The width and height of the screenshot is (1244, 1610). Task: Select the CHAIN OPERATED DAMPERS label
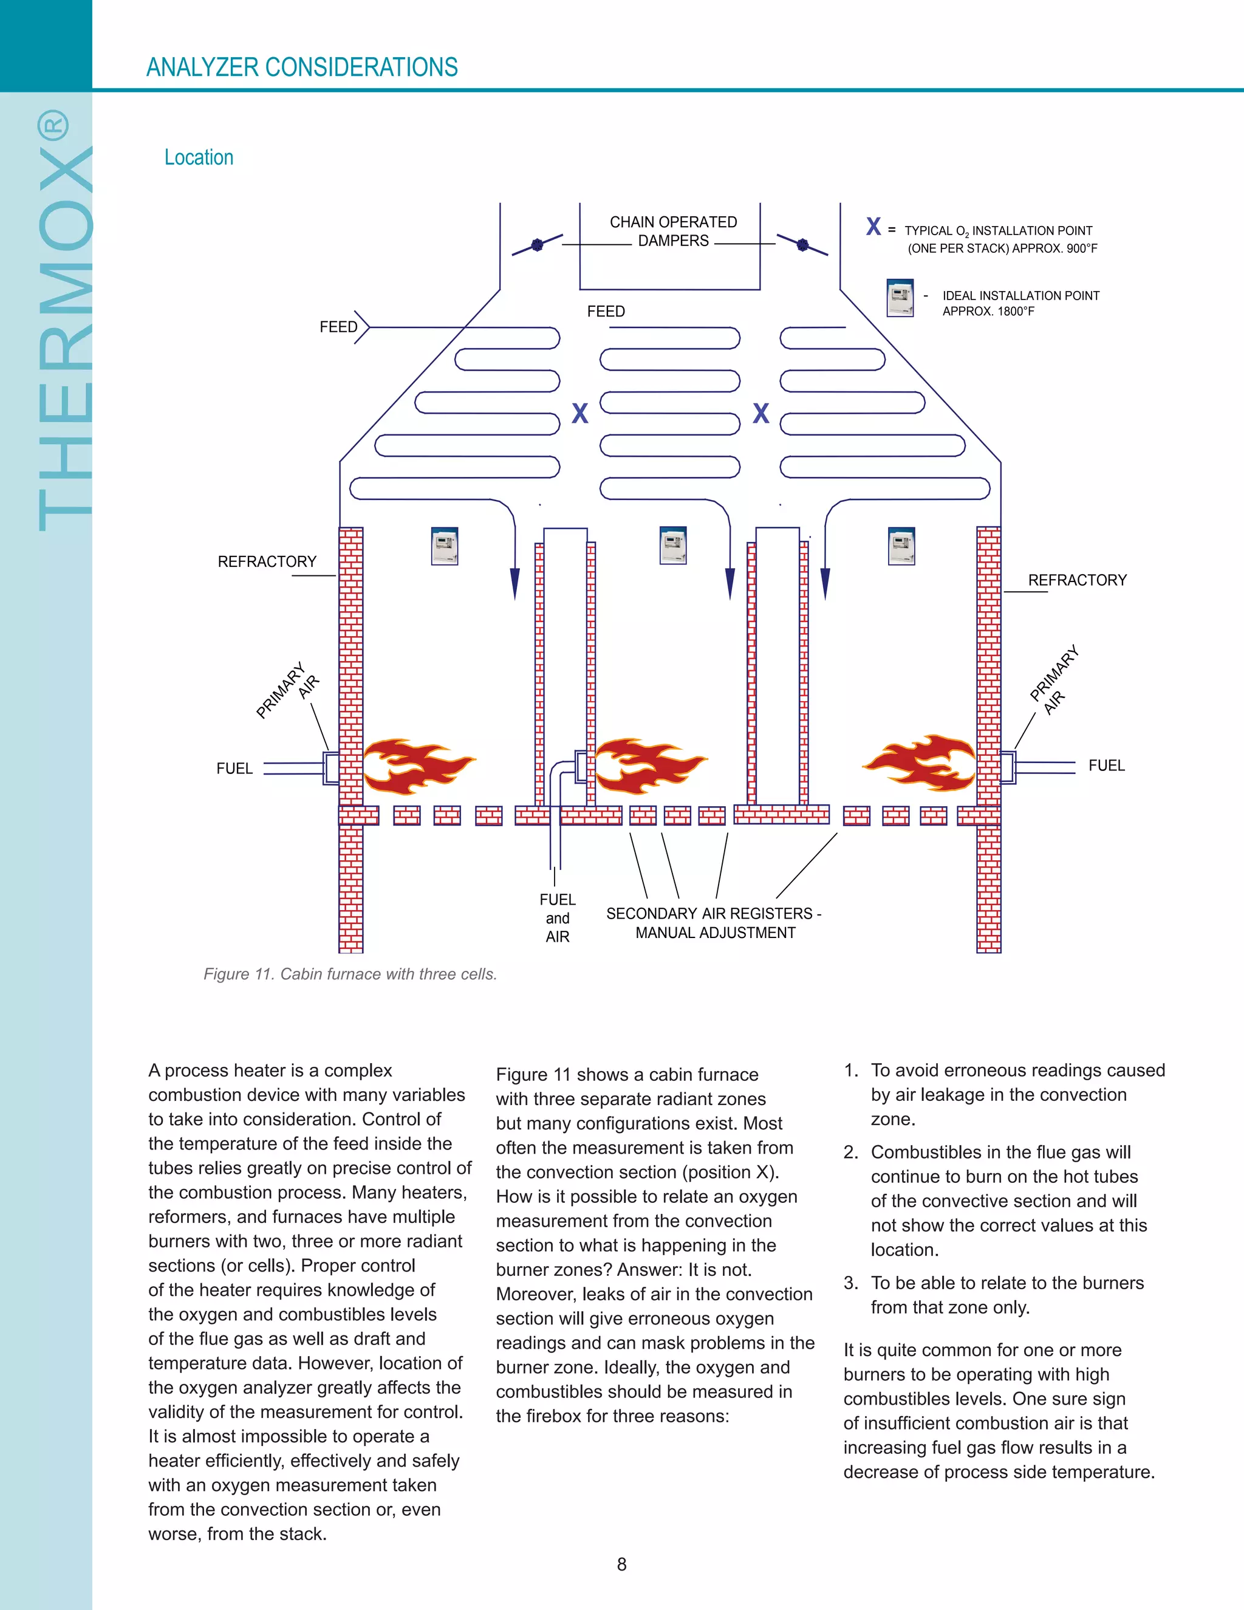673,231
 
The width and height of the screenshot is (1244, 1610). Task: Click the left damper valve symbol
537,245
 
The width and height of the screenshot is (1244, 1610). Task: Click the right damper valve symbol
802,245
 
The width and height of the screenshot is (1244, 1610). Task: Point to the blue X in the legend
873,227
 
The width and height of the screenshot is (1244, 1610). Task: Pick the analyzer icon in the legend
900,298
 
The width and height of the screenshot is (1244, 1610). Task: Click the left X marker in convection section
580,414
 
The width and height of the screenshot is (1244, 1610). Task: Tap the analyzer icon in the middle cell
673,546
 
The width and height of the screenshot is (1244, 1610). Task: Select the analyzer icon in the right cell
901,546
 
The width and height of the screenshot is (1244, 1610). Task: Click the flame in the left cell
416,767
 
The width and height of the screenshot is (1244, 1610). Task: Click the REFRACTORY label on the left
267,562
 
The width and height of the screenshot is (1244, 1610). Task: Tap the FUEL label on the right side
1106,766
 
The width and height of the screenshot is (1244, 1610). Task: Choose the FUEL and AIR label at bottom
557,919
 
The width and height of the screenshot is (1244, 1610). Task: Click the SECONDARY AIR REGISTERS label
713,923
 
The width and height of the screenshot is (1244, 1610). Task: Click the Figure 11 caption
350,975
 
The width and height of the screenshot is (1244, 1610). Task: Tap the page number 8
621,1564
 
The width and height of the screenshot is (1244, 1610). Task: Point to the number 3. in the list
851,1283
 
